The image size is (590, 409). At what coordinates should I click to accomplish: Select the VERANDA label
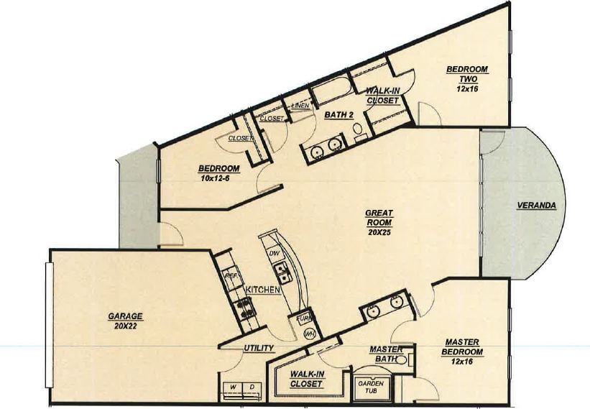(536, 206)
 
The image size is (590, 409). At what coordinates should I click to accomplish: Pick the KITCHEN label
(263, 289)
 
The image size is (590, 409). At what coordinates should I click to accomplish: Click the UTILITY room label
(258, 349)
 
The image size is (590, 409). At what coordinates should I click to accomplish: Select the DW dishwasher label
(273, 254)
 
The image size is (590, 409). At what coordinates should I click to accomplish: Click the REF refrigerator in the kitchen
(231, 275)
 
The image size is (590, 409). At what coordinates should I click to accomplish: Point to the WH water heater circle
(310, 334)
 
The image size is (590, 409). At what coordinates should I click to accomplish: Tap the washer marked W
(232, 388)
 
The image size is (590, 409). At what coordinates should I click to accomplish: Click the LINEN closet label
(300, 106)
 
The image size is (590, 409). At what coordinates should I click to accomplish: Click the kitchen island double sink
(281, 272)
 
